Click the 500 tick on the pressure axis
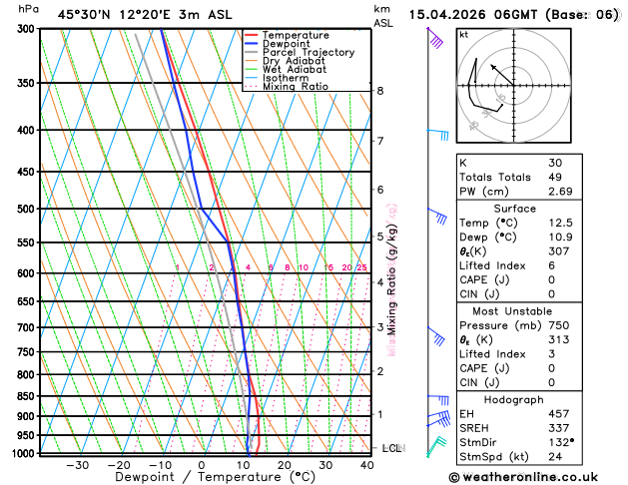point(27,209)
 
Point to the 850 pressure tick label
point(27,396)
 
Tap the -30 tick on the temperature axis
point(77,465)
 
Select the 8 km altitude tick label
point(380,91)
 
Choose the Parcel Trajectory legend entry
point(308,52)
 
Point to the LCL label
point(391,448)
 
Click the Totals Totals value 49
point(555,177)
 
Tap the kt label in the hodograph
point(463,34)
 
